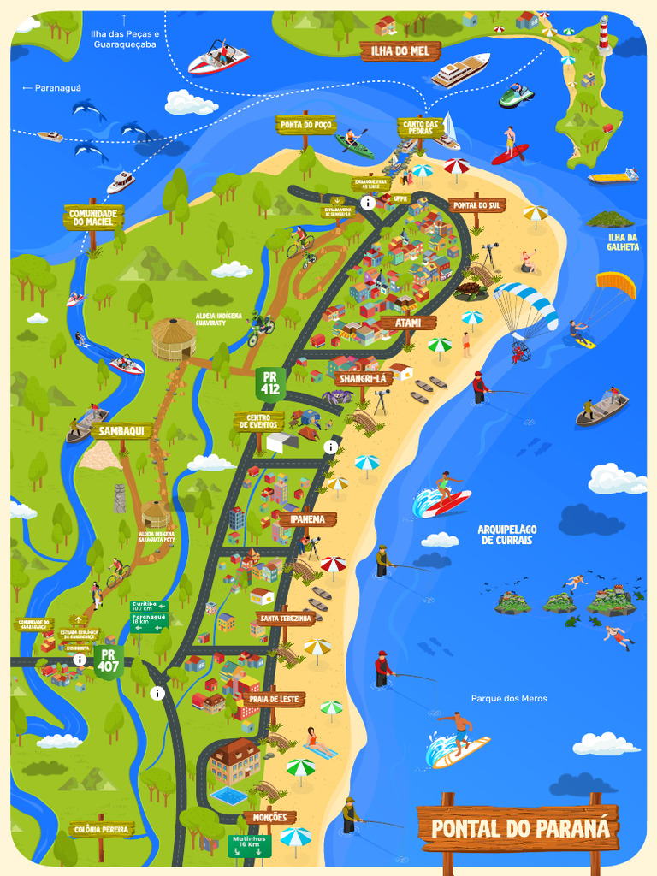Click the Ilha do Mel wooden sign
click(x=400, y=51)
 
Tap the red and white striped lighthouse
click(x=605, y=37)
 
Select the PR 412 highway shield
click(x=271, y=382)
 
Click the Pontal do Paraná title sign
click(x=519, y=828)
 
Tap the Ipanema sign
click(x=306, y=519)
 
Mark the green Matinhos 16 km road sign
click(x=249, y=845)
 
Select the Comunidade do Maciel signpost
click(x=93, y=216)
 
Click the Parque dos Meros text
click(x=509, y=699)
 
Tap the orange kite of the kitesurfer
click(x=617, y=284)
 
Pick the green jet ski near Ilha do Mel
click(x=516, y=96)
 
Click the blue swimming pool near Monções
click(x=228, y=796)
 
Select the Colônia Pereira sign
click(x=101, y=829)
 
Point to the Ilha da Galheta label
click(x=623, y=241)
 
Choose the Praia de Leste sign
click(x=273, y=699)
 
